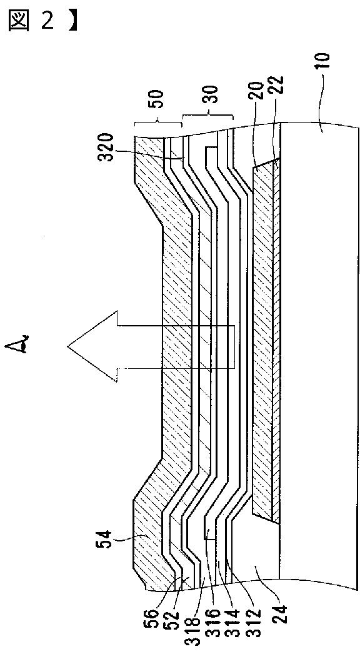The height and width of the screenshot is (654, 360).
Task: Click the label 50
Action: click(157, 99)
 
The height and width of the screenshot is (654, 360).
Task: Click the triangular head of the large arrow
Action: click(91, 345)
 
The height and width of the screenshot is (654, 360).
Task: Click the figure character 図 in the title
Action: click(18, 21)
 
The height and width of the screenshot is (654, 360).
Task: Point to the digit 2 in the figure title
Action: click(47, 21)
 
